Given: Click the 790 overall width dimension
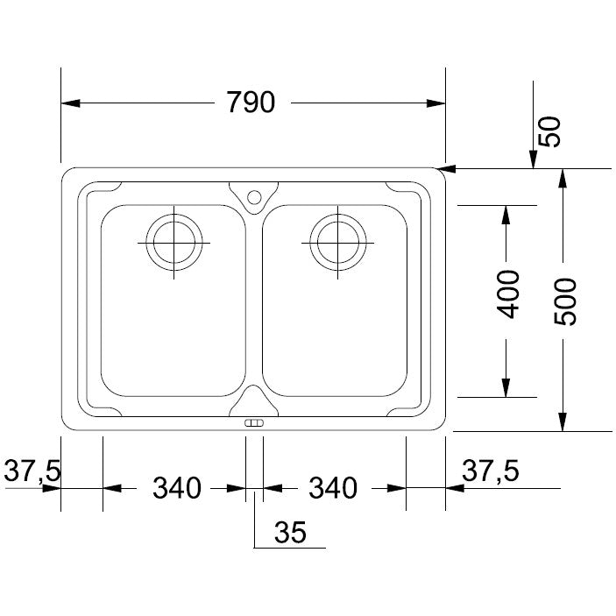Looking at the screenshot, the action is pyautogui.click(x=251, y=103).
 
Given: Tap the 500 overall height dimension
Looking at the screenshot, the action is pyautogui.click(x=565, y=301).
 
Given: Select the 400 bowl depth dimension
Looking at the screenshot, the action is pyautogui.click(x=507, y=294).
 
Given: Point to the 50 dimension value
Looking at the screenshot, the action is pyautogui.click(x=549, y=132).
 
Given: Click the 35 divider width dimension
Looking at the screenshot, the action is pyautogui.click(x=290, y=533).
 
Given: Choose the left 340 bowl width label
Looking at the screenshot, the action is pyautogui.click(x=177, y=488).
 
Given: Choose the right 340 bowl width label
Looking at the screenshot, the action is pyautogui.click(x=333, y=488).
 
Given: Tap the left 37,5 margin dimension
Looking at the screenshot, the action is pyautogui.click(x=32, y=471).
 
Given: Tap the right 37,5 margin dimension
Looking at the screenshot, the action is pyautogui.click(x=491, y=471).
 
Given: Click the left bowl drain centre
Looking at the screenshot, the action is pyautogui.click(x=174, y=243).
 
